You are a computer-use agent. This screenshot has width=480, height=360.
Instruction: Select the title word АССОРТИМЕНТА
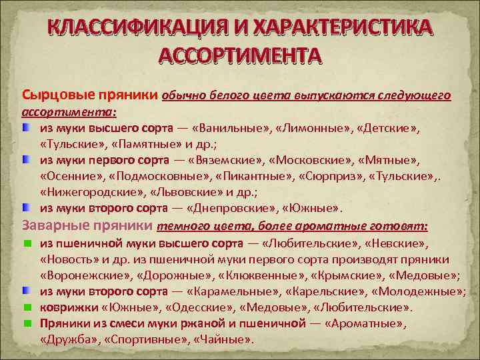click(240, 55)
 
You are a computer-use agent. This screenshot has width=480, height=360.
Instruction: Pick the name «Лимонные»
click(311, 127)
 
